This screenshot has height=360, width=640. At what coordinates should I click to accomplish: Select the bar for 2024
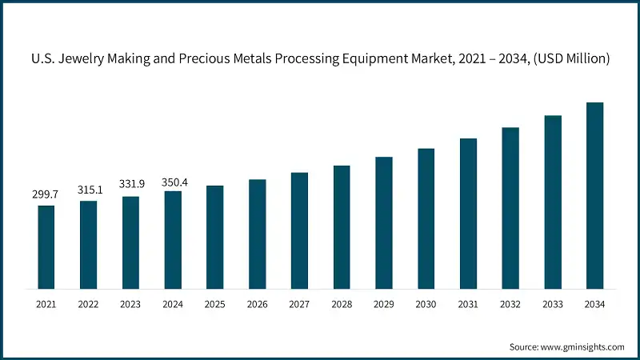point(173,239)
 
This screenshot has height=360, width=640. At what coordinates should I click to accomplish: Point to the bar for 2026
point(257,233)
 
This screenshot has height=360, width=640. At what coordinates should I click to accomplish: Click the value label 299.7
point(46,194)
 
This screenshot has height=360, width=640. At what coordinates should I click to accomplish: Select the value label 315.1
point(88,190)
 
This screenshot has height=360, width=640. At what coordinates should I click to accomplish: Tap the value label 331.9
point(130,185)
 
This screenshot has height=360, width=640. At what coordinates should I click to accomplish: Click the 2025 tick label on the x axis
point(214,305)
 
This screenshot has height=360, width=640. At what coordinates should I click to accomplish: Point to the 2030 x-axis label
point(426,305)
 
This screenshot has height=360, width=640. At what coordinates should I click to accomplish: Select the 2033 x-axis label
point(553,305)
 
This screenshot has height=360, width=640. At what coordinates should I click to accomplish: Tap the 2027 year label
point(299,305)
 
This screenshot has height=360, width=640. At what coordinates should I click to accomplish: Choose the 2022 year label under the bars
point(88,305)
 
